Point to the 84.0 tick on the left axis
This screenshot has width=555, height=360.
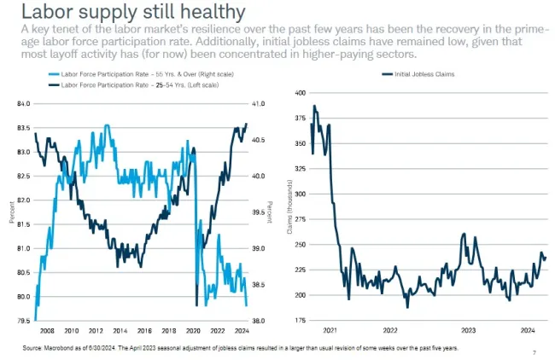pyautogui.click(x=23, y=104)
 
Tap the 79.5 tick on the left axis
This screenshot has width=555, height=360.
pyautogui.click(x=23, y=321)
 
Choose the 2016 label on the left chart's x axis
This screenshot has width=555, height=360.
pyautogui.click(x=144, y=330)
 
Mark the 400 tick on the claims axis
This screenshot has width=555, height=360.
pyautogui.click(x=299, y=92)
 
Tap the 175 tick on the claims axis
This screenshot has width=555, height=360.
pyautogui.click(x=299, y=321)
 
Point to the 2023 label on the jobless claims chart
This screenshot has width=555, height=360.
pyautogui.click(x=468, y=330)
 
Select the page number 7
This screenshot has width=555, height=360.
pyautogui.click(x=534, y=352)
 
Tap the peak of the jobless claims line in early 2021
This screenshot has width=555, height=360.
pyautogui.click(x=314, y=106)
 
